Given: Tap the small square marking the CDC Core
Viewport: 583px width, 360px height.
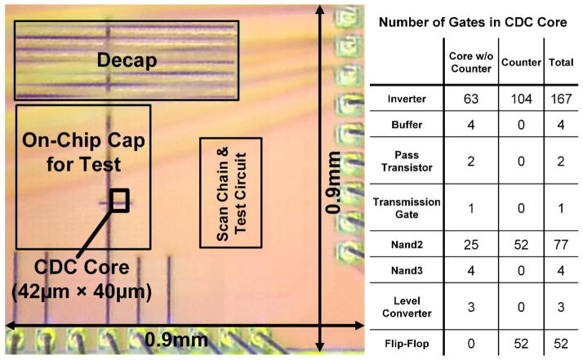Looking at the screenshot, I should click(119, 199).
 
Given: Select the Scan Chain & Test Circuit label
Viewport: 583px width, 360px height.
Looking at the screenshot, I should click(231, 193).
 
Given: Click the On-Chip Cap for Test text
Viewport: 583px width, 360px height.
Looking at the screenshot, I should click(83, 153).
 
